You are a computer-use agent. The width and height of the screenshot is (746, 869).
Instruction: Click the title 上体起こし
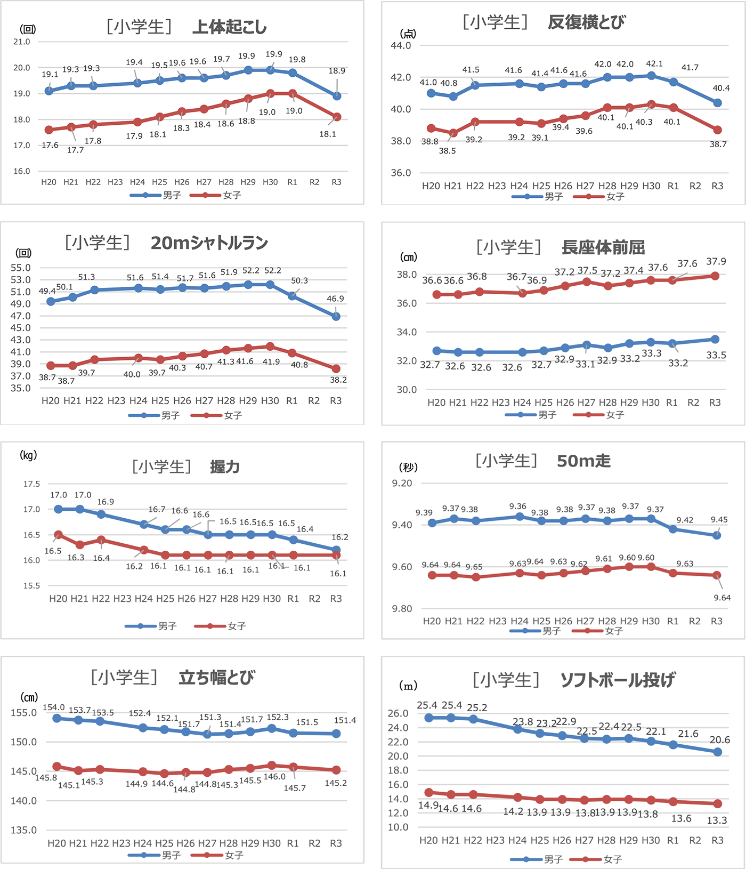click(229, 27)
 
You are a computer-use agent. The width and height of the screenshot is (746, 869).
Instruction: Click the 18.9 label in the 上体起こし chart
click(337, 70)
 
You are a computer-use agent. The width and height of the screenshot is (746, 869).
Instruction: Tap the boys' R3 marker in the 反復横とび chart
click(717, 103)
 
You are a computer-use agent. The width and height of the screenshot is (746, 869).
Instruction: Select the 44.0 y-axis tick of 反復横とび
click(401, 46)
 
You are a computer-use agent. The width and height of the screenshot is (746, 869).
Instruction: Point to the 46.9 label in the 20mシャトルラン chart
click(335, 299)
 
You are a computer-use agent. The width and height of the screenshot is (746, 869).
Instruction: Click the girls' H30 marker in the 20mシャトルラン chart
click(270, 347)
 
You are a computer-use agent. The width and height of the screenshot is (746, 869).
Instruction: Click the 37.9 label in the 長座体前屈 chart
click(716, 261)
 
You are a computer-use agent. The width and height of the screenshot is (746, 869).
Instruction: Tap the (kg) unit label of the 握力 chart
click(28, 455)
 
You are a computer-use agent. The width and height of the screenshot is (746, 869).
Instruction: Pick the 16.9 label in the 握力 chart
click(106, 502)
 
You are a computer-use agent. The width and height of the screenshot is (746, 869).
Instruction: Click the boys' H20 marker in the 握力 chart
click(59, 509)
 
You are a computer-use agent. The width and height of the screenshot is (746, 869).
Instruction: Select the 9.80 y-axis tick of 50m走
click(402, 609)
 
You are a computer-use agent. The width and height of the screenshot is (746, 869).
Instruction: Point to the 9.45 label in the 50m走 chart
click(719, 519)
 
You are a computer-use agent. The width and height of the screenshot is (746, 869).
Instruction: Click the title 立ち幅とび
click(216, 678)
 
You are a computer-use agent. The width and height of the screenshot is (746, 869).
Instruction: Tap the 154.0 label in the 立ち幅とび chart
click(54, 707)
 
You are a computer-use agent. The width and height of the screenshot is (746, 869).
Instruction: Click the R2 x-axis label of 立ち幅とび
click(314, 843)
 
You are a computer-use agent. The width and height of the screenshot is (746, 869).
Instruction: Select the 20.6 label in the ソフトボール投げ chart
click(720, 740)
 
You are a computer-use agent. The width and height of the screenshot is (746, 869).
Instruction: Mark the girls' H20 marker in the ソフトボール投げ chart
click(429, 792)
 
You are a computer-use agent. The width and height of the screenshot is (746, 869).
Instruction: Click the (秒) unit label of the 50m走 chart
click(408, 467)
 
